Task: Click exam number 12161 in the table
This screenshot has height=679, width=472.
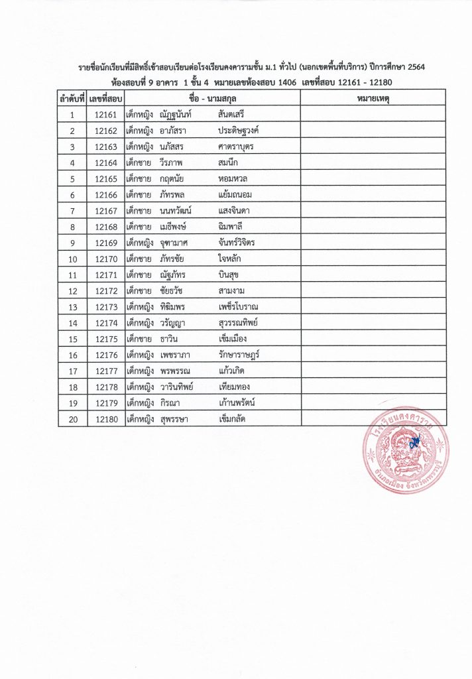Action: click(106, 114)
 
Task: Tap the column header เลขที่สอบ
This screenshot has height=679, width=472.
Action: click(106, 98)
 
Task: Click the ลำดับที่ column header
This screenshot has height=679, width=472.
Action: click(72, 98)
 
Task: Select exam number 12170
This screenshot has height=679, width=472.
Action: click(106, 258)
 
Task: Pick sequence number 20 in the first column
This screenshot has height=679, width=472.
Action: click(72, 418)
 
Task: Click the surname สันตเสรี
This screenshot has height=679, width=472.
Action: click(236, 114)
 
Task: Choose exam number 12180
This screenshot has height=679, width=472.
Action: click(106, 418)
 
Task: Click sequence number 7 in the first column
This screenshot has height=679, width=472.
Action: click(72, 210)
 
